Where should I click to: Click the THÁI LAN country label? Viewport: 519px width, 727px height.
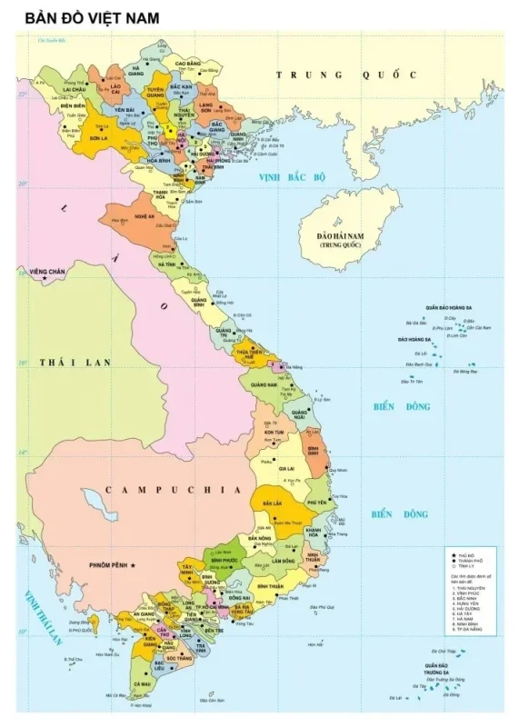75,362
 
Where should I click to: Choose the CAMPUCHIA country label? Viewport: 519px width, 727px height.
173,490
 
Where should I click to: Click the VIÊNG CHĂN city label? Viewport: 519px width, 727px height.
46,272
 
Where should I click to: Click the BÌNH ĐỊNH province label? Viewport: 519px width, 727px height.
314,451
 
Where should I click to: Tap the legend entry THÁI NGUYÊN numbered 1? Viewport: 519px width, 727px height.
470,588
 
